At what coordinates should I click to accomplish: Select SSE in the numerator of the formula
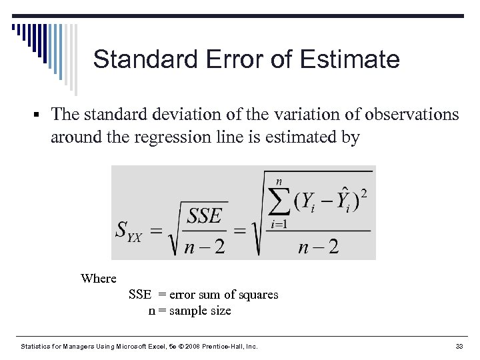pos(204,215)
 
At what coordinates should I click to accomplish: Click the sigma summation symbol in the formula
pos(279,198)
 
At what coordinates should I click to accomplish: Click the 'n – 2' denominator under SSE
pos(204,247)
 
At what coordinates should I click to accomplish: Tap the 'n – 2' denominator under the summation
pos(318,247)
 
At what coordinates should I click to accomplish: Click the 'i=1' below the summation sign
pos(278,224)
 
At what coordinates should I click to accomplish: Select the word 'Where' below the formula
pos(98,279)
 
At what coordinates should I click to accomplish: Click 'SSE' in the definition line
pos(140,295)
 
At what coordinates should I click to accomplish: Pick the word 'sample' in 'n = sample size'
pos(189,311)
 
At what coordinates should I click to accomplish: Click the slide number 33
pos(459,347)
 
